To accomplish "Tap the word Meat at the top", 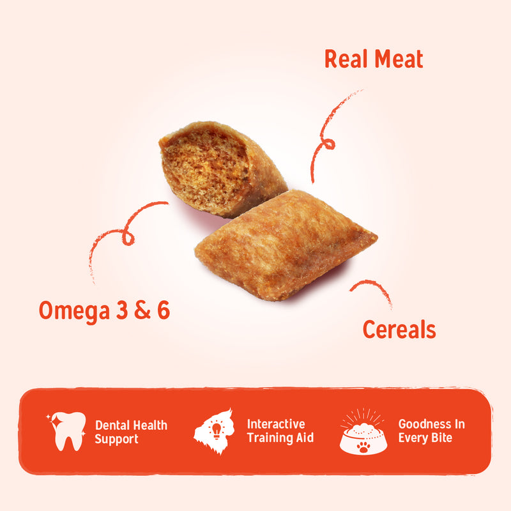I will pyautogui.click(x=397, y=59).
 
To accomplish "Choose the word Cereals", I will pyautogui.click(x=399, y=330).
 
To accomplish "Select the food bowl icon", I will pyautogui.click(x=363, y=432).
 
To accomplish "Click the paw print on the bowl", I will pyautogui.click(x=363, y=445).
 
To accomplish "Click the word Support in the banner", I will pyautogui.click(x=117, y=439).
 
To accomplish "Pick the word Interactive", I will pyautogui.click(x=276, y=424).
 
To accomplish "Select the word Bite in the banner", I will pyautogui.click(x=441, y=439).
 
